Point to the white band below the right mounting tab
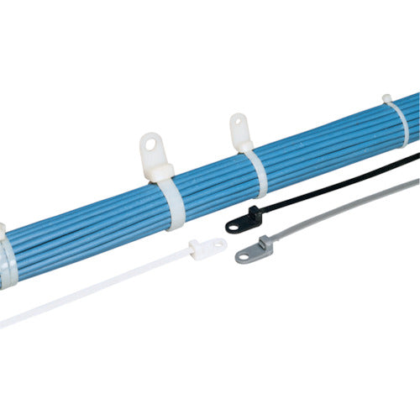pos(256,172)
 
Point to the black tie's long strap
pos(336,181)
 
